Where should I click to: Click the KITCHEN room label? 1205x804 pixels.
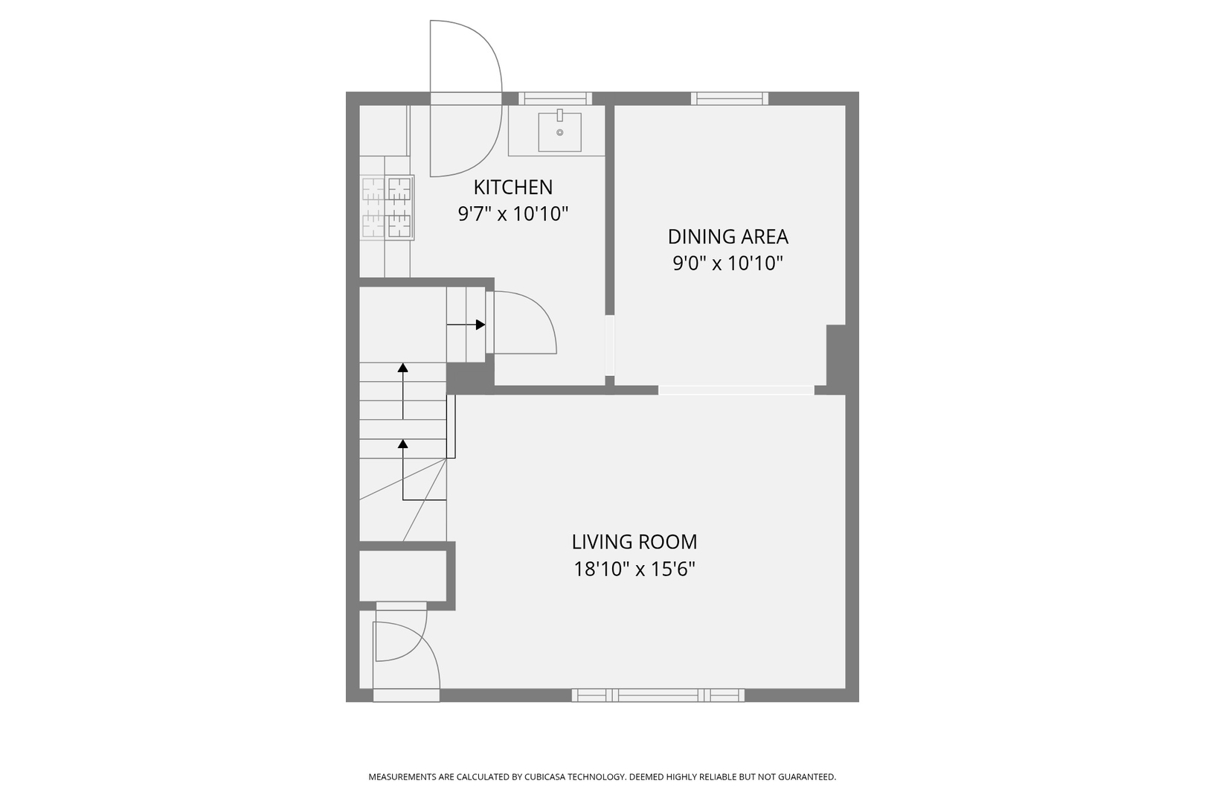(513, 187)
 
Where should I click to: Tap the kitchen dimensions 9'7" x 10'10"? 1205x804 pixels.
(513, 214)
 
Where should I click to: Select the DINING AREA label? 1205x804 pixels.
(727, 237)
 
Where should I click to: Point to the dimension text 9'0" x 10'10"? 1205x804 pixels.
(727, 264)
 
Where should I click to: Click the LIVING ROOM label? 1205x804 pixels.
(634, 542)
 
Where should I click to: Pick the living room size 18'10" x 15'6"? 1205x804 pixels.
(634, 569)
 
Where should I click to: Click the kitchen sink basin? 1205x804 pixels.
(559, 132)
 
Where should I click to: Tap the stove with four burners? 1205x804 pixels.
(388, 208)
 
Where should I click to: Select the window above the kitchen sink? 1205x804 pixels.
(555, 98)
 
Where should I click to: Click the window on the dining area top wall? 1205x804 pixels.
(729, 98)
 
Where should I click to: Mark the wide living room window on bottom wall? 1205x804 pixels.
(658, 695)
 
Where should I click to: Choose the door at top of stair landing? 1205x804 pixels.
(521, 322)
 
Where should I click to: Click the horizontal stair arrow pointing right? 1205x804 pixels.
(467, 325)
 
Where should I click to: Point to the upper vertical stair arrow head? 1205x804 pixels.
(403, 367)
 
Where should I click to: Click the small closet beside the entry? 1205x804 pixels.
(402, 575)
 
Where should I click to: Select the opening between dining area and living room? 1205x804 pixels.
(736, 389)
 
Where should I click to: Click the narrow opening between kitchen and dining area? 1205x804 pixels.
(610, 346)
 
